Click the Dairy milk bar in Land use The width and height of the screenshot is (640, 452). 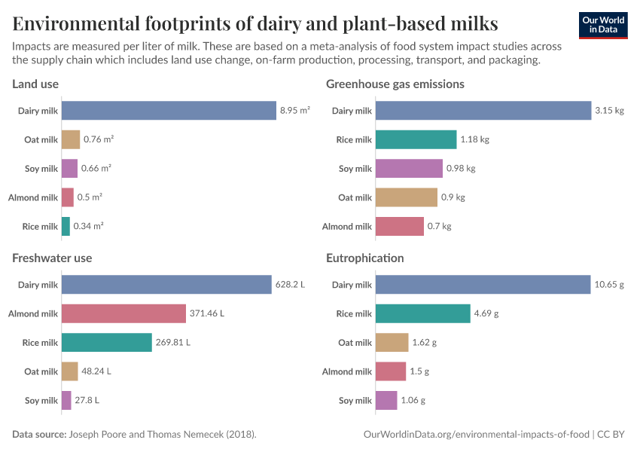point(169,111)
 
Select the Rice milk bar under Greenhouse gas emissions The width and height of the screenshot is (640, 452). point(416,139)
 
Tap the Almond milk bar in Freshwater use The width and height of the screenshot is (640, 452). point(123,313)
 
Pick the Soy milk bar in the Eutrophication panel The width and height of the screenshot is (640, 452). point(386,400)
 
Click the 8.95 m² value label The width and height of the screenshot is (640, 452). point(295,111)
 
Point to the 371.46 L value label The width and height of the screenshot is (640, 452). point(207,313)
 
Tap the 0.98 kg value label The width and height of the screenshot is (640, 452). point(461,169)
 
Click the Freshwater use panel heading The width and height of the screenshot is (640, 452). point(52,258)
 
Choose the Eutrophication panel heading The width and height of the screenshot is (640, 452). point(364,258)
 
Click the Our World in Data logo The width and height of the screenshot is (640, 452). point(604,26)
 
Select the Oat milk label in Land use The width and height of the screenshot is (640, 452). point(41,139)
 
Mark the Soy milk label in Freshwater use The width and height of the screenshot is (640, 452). point(41,400)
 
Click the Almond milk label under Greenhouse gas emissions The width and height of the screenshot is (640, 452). point(347,226)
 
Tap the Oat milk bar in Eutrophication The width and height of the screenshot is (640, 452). point(392,342)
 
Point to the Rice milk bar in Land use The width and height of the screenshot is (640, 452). point(66,226)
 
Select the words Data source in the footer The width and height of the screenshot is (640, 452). point(39,435)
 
